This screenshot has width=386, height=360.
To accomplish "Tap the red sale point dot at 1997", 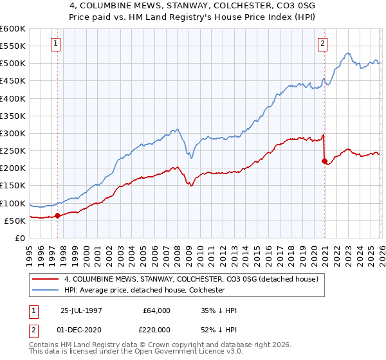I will pos(58,215).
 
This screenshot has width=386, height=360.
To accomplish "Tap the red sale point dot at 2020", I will pos(324,161).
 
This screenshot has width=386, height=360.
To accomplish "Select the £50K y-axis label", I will pos(15,221).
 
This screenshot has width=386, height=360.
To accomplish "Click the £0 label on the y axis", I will pos(20,238).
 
